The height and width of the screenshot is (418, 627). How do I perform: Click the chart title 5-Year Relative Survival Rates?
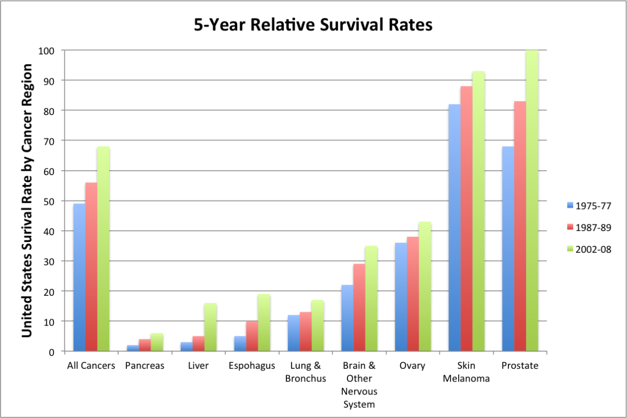tap(313, 25)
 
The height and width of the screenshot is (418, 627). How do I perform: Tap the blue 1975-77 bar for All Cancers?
tap(79, 277)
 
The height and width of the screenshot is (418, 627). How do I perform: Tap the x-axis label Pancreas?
tap(145, 366)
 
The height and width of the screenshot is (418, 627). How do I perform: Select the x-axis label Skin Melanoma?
tap(467, 372)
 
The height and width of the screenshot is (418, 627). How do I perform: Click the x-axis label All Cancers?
tap(91, 366)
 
